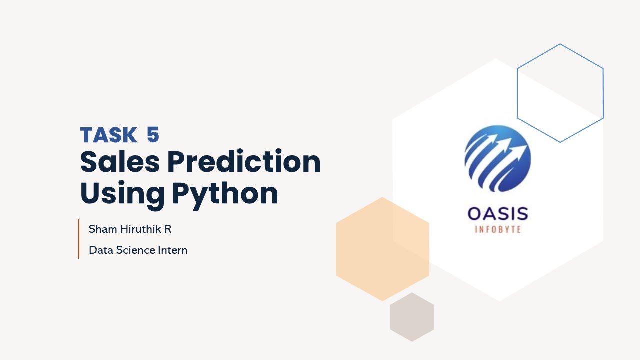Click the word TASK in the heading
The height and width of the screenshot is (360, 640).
[x=108, y=135]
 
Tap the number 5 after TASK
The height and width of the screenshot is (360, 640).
[x=153, y=135]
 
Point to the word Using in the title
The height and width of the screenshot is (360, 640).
[x=122, y=194]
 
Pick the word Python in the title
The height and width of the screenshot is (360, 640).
[x=225, y=194]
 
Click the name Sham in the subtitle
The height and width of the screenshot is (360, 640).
[x=99, y=230]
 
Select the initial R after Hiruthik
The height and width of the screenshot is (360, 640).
[x=168, y=230]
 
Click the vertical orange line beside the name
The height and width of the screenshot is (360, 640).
[x=79, y=239]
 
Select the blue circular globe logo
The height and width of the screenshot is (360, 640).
[x=497, y=159]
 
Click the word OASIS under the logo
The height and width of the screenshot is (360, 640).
[x=497, y=214]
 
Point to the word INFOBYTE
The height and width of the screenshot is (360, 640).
[x=497, y=229]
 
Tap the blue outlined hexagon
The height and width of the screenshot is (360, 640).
[x=560, y=93]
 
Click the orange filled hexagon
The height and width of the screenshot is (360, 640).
[x=382, y=249]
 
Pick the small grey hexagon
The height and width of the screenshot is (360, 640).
[x=412, y=317]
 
